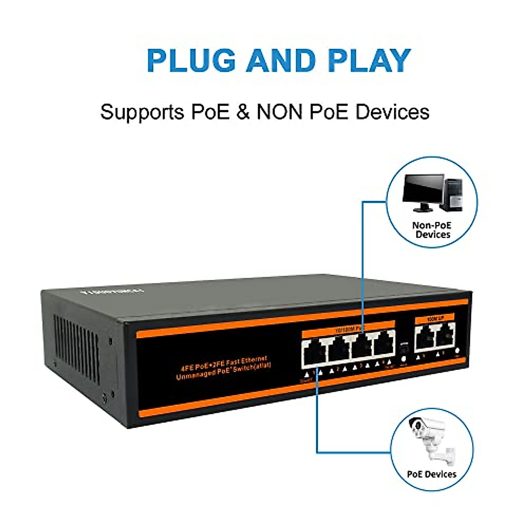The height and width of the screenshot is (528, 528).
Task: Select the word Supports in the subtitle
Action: (142, 112)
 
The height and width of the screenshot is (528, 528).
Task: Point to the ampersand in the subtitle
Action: (243, 112)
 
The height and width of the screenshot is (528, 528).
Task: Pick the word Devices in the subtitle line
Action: (392, 112)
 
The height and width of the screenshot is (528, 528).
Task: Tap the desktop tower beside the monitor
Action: (453, 194)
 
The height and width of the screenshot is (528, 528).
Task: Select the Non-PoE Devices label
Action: (432, 230)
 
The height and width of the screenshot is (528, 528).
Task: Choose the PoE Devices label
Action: (432, 474)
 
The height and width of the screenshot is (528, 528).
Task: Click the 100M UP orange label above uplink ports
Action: (434, 318)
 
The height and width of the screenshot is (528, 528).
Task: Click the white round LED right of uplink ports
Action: (458, 351)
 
